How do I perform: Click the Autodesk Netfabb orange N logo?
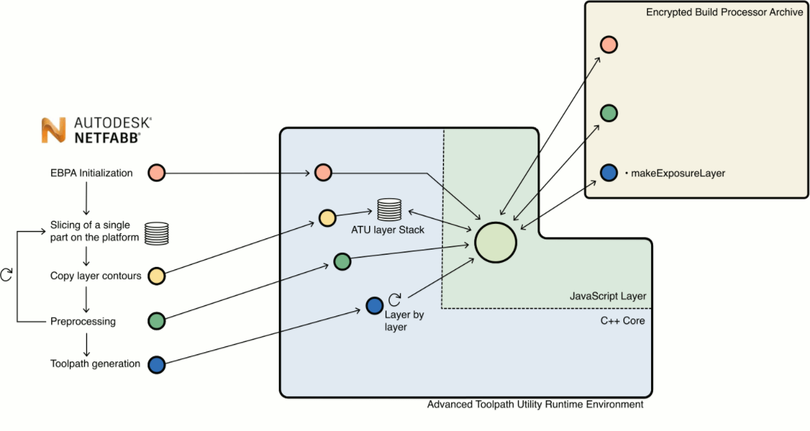[x=54, y=130]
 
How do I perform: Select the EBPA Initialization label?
[x=92, y=173]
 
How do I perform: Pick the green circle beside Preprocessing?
[x=156, y=321]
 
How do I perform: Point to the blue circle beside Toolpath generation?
[x=156, y=364]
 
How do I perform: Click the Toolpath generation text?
[x=95, y=364]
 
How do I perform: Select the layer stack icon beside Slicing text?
[x=156, y=233]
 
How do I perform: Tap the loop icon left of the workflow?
[x=6, y=275]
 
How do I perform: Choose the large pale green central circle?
[x=495, y=242]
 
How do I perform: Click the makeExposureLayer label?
[x=678, y=173]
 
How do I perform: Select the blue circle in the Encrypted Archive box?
[x=608, y=173]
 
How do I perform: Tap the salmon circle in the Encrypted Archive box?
[x=608, y=44]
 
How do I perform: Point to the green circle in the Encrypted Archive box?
[x=608, y=113]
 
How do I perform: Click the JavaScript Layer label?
[x=607, y=296]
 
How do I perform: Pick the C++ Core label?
[x=622, y=321]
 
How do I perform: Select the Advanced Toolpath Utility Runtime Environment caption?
[x=535, y=405]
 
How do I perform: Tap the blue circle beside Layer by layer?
[x=374, y=305]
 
